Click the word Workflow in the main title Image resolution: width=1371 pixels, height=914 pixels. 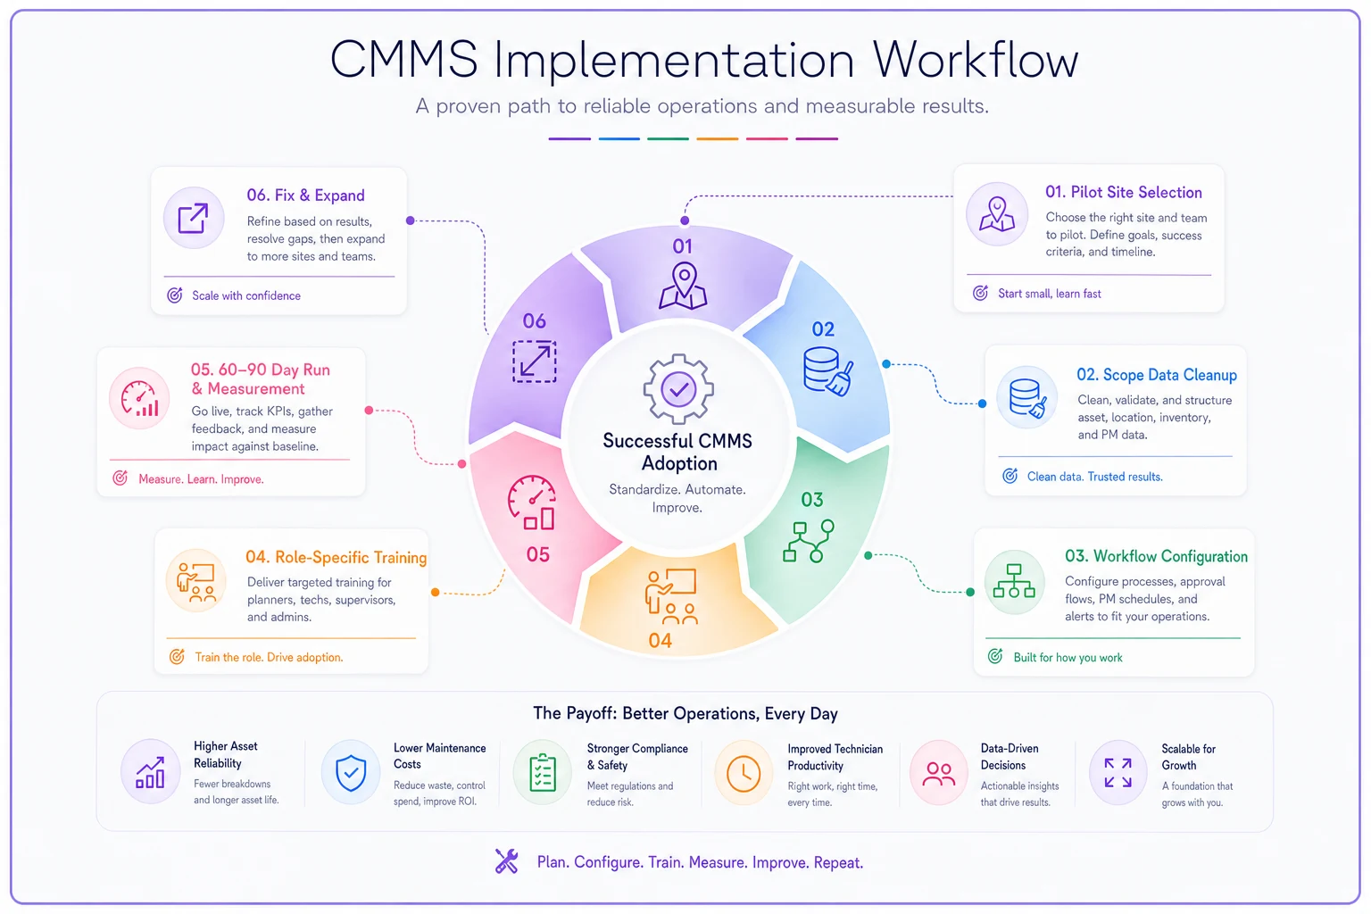975,60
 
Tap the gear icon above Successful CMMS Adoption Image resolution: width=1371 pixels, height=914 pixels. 678,389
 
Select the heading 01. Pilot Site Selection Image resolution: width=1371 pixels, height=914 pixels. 1123,192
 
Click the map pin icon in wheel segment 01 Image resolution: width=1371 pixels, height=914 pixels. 683,286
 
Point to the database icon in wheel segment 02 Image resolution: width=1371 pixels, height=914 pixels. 828,371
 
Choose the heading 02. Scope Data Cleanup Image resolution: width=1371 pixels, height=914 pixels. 1156,375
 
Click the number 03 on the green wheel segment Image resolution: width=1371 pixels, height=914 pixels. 812,500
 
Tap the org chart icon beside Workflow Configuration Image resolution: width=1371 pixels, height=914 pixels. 1014,582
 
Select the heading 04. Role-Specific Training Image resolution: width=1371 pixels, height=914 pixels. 336,557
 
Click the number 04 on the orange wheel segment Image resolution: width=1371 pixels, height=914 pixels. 661,640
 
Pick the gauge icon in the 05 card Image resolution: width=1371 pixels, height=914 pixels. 139,399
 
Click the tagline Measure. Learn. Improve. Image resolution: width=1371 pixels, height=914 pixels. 201,478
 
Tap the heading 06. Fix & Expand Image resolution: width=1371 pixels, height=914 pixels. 305,195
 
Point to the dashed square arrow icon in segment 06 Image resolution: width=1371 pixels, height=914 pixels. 535,361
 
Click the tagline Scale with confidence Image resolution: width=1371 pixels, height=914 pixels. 246,295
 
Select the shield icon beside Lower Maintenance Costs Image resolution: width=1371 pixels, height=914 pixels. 351,773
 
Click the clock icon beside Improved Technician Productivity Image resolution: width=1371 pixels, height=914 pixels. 744,773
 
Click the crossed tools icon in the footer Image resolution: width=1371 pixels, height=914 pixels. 507,861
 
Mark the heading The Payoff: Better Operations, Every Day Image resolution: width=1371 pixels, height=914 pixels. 685,713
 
